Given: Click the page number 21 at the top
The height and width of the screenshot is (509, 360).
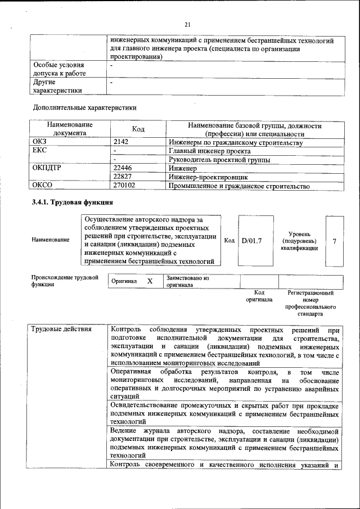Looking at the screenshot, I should (187, 24).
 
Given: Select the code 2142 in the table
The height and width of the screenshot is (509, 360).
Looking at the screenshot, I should (121, 143).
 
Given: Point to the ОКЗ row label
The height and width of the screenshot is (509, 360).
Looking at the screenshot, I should (40, 143).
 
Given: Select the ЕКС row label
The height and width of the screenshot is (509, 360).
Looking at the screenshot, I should (40, 151).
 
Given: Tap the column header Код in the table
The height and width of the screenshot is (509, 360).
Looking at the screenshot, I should (138, 129).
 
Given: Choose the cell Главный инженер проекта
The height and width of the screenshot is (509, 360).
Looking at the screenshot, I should (209, 151).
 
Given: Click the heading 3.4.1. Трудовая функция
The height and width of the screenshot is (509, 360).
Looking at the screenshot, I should (73, 202).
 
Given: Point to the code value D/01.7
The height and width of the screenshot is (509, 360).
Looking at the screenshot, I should (252, 241).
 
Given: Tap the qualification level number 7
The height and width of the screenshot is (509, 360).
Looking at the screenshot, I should (335, 241).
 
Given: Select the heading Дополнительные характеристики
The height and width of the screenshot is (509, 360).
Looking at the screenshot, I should (84, 107).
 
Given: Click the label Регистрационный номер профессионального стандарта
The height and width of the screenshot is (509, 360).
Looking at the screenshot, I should (310, 304).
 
